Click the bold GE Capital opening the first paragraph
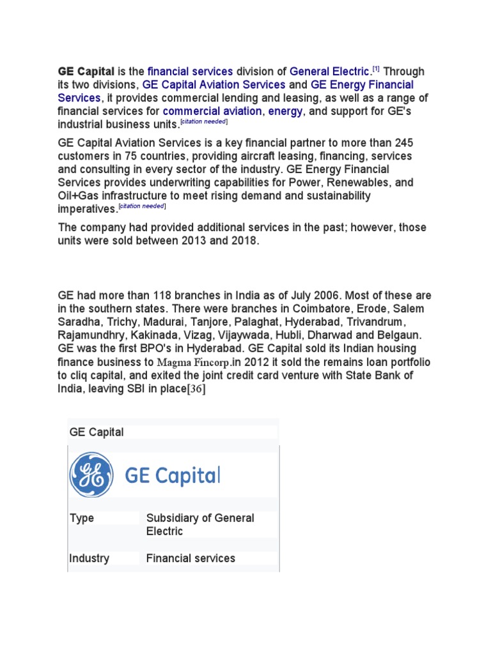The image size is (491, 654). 86,72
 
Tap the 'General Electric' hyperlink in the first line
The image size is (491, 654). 329,72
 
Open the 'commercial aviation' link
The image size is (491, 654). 212,112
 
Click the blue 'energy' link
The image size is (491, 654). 285,112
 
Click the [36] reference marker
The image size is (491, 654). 195,390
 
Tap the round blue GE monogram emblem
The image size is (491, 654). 91,475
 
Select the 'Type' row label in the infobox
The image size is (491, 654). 81,518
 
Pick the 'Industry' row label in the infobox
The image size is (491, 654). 89,558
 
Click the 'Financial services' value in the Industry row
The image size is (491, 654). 191,558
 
